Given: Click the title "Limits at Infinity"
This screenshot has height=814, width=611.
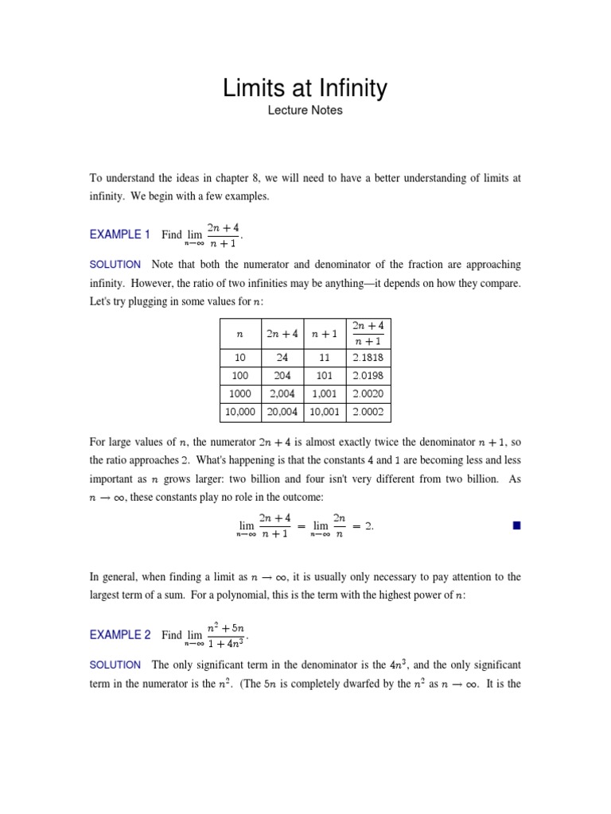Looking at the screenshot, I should click(x=305, y=87).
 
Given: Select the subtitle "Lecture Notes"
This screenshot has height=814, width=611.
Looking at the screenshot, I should click(x=305, y=110).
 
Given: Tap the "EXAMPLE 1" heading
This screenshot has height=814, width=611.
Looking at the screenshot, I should click(x=120, y=235).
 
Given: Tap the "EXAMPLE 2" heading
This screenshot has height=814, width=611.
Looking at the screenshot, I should click(x=120, y=635).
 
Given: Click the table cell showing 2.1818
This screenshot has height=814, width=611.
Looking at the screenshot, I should click(x=368, y=358).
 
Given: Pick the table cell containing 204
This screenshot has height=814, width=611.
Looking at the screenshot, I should click(x=282, y=376).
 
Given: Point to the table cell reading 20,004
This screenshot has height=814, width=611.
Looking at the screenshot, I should click(x=282, y=413).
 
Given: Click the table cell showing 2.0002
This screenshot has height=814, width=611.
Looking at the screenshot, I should click(x=368, y=413).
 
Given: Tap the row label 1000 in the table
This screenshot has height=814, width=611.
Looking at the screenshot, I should click(x=239, y=394).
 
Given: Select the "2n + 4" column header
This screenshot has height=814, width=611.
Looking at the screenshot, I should click(x=282, y=335).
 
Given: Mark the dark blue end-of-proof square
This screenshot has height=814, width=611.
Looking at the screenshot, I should click(x=516, y=525).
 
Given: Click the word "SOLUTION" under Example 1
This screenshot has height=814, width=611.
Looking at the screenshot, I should click(x=115, y=264).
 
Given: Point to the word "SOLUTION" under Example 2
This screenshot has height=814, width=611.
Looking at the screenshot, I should click(x=115, y=665).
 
